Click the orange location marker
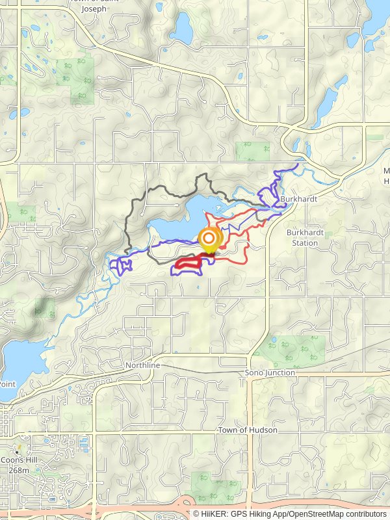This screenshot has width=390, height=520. pyautogui.click(x=209, y=240)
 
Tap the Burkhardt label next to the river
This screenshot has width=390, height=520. pyautogui.click(x=299, y=199)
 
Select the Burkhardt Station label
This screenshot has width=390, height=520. pyautogui.click(x=303, y=237)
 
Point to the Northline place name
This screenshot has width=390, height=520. pyautogui.click(x=142, y=366)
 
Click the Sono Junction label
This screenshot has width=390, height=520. pyautogui.click(x=270, y=372)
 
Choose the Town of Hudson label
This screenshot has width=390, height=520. pyautogui.click(x=247, y=430)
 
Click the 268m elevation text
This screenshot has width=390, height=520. pyautogui.click(x=19, y=470)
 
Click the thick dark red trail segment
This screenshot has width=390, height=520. pyautogui.click(x=188, y=262)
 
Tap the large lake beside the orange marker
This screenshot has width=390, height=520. pyautogui.click(x=179, y=221)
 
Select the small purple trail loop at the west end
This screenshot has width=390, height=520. pyautogui.click(x=121, y=265)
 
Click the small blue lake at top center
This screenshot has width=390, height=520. pyautogui.click(x=181, y=28)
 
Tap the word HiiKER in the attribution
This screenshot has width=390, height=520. pyautogui.click(x=214, y=513)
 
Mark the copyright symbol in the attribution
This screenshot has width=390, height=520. pyautogui.click(x=196, y=513)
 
